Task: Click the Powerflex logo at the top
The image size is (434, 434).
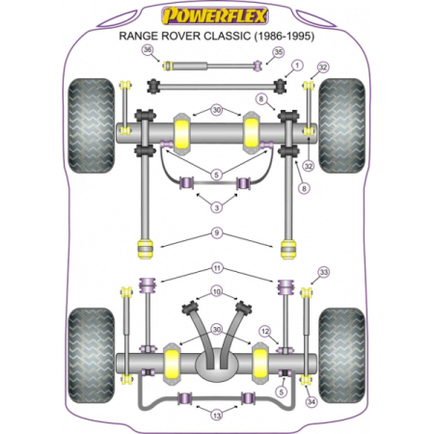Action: coord(215,15)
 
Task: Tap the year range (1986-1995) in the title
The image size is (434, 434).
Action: coord(285,36)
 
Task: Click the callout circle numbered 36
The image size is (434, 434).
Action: coord(148,50)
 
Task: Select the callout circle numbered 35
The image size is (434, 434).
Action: coord(279,52)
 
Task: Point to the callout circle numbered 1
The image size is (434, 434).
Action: coord(297,66)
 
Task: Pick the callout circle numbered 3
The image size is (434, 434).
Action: coord(217,207)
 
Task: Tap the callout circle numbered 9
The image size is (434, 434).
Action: coord(217,232)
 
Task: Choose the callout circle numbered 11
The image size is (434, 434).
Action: coord(217,268)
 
